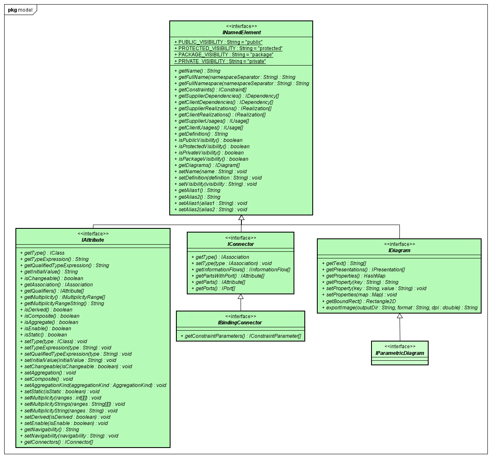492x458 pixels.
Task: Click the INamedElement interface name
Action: tap(241, 33)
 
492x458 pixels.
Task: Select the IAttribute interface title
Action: tap(93, 240)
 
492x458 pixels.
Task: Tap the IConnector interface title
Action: tap(241, 244)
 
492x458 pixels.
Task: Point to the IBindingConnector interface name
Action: tap(240, 323)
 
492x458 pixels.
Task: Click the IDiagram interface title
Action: tap(399, 251)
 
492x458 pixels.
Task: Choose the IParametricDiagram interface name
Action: tap(399, 353)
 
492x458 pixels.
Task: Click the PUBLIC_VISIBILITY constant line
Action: tap(218, 42)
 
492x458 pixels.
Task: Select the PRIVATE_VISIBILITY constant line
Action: tap(220, 61)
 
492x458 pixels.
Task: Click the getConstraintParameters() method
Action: tap(241, 336)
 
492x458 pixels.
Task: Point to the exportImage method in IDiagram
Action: tap(399, 308)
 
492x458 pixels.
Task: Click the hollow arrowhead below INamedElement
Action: tap(241, 218)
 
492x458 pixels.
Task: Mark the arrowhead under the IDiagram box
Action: tap(399, 316)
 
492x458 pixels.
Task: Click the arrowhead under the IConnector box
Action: tap(241, 297)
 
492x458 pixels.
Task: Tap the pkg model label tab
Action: tap(20, 10)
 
